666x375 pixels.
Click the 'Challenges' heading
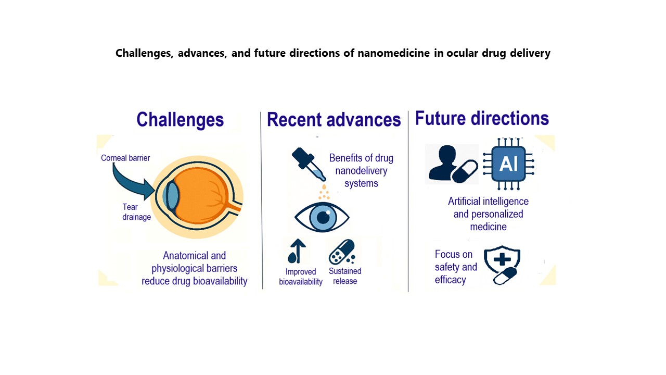point(180,120)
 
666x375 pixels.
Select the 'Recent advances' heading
point(334,120)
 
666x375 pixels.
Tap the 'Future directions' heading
point(482,118)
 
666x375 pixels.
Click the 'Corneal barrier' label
point(125,158)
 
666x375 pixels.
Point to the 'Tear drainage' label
point(136,212)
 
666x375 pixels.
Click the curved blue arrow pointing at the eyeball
point(128,184)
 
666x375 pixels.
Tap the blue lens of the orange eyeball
point(172,195)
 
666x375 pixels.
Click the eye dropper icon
point(309,164)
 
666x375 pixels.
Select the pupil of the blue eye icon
point(323,217)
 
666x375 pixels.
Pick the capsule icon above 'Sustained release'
point(342,252)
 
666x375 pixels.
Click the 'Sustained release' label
point(345,276)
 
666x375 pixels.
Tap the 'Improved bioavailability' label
point(301,277)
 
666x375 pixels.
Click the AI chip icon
point(508,164)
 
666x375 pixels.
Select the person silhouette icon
point(443,163)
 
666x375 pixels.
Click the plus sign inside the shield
point(502,259)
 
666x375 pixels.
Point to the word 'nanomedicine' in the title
point(394,53)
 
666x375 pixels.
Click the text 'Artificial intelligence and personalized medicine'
point(488,214)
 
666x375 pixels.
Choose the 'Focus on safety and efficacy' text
point(456,267)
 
